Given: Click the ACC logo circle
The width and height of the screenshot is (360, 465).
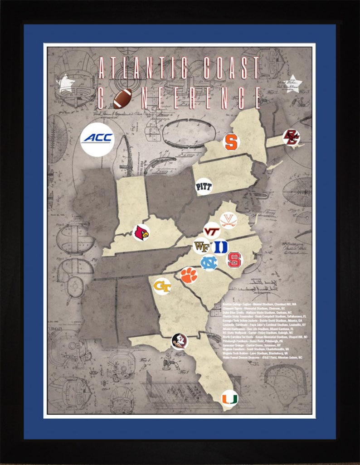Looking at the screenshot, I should point(97,139).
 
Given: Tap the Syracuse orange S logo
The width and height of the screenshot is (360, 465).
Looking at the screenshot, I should point(231,141).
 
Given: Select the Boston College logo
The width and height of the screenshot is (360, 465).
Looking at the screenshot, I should point(290,137).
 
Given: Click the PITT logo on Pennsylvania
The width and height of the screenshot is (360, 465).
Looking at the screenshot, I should point(204,186).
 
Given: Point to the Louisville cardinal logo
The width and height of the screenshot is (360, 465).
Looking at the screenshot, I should point(141,233).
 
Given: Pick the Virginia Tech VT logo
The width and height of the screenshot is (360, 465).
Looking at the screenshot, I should point(211,231).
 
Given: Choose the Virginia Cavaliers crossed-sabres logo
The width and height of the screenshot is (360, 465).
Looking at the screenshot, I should point(228,220).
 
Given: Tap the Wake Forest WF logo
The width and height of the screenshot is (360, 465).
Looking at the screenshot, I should point(201,247).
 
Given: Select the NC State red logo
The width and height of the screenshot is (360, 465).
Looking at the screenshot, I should point(234,260).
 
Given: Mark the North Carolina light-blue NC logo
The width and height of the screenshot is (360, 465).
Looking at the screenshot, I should point(209,262).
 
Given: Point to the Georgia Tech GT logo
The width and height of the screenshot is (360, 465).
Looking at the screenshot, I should point(162,286).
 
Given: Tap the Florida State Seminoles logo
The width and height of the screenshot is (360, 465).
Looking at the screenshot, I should point(179,341).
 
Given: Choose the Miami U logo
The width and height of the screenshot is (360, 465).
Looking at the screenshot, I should point(229,398).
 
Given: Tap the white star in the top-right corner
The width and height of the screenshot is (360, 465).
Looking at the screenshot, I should point(295,83).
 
